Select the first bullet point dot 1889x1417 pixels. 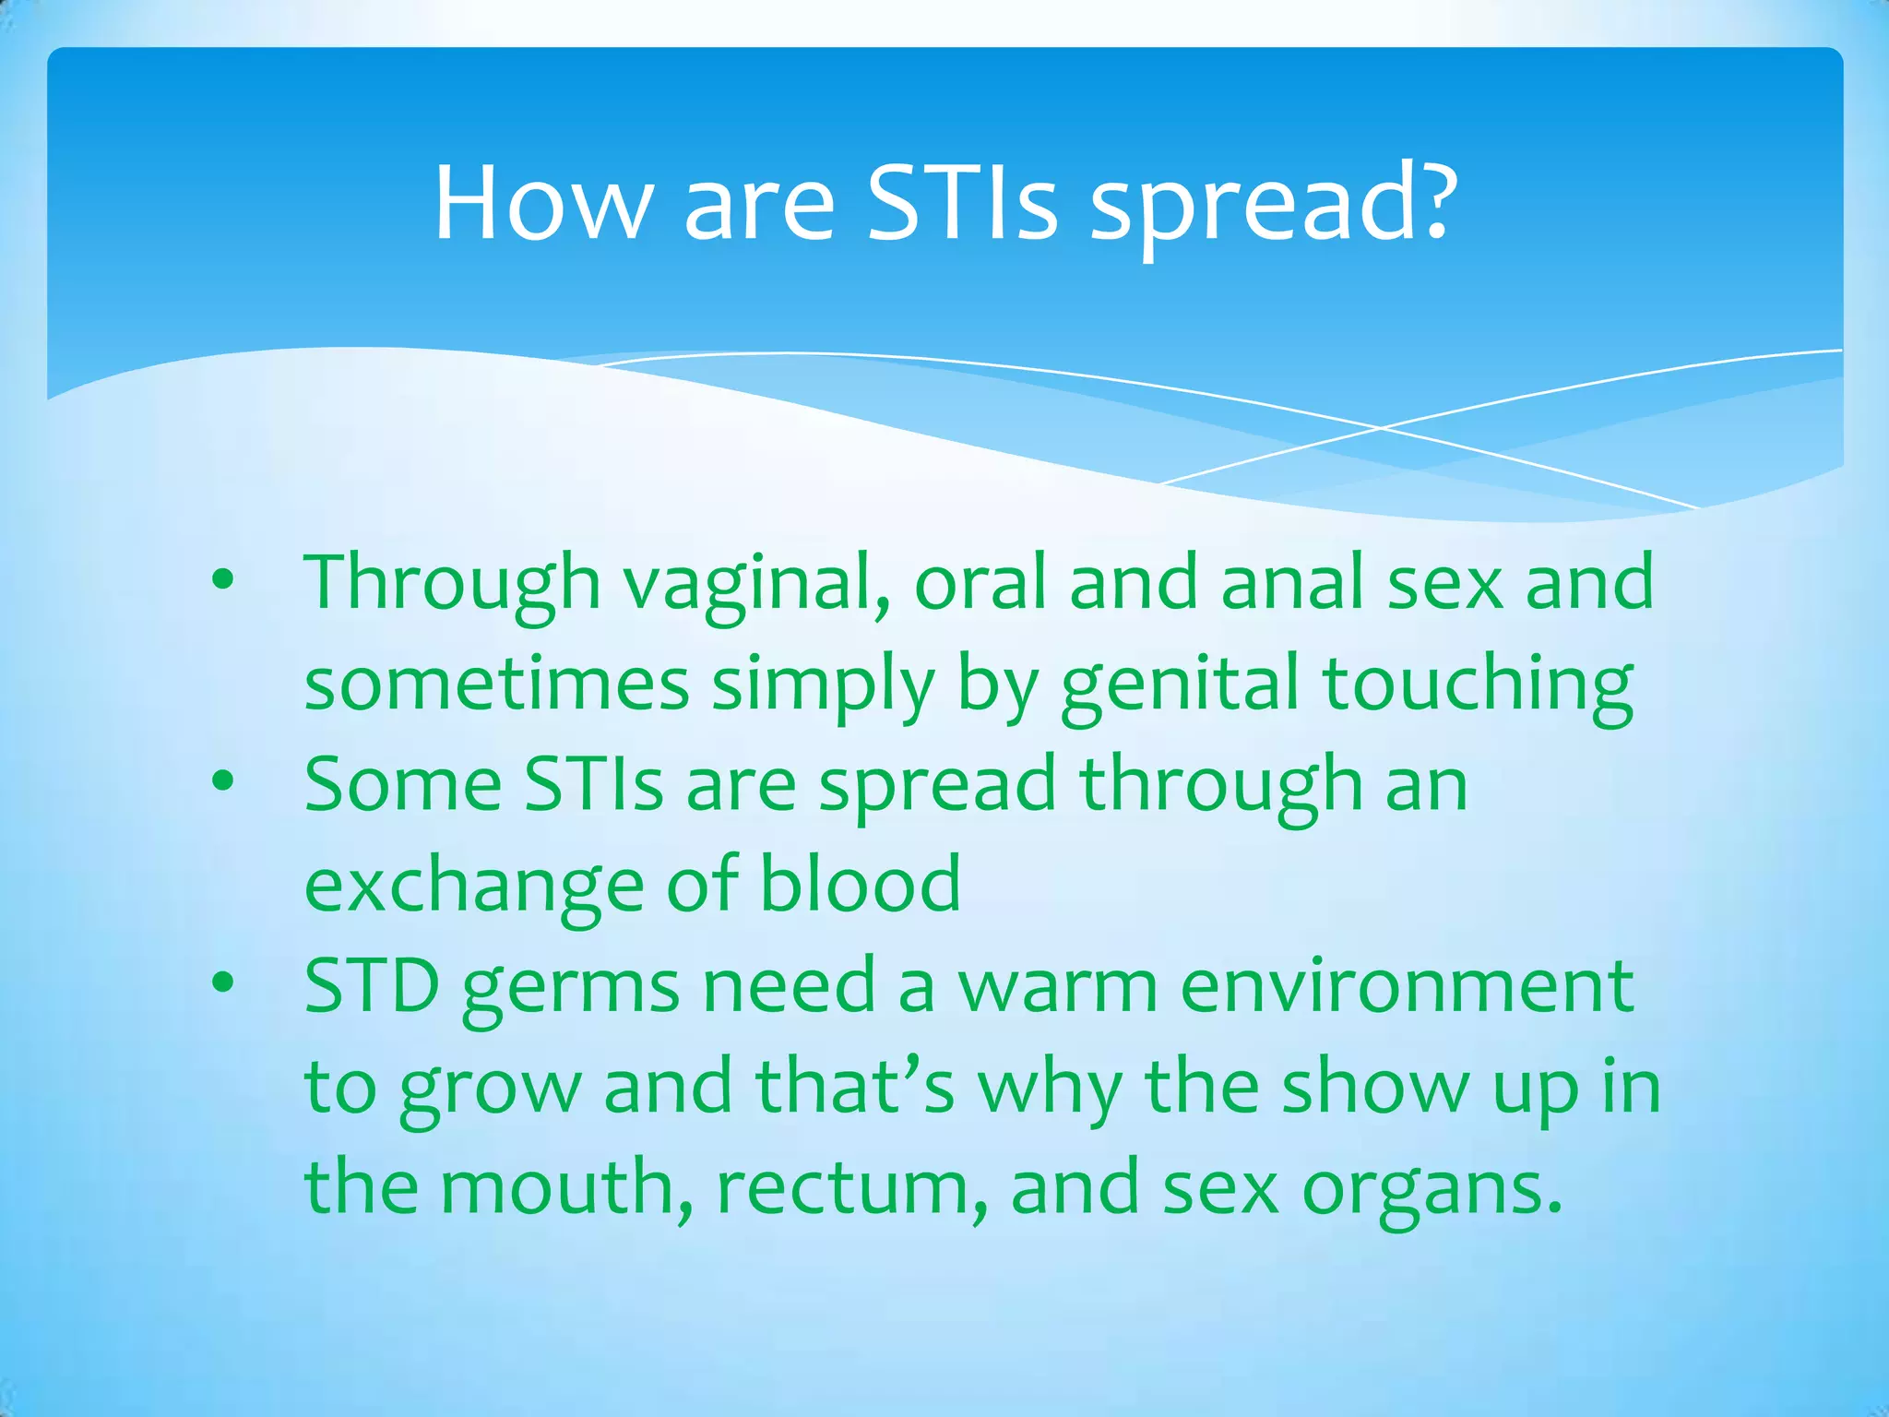(222, 580)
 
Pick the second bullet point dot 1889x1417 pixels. (222, 781)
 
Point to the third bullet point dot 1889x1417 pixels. (222, 982)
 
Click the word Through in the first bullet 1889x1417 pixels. (452, 583)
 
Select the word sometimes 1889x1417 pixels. (496, 685)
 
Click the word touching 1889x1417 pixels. (1478, 685)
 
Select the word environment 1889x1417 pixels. (1407, 987)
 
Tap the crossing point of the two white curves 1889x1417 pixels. (1381, 428)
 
